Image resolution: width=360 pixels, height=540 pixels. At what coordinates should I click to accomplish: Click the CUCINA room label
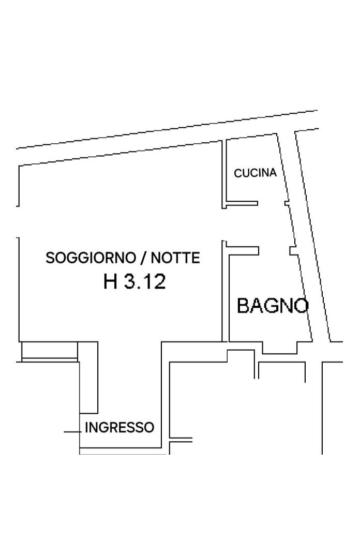tap(256, 173)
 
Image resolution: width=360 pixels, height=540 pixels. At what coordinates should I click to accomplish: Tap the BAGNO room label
tap(273, 306)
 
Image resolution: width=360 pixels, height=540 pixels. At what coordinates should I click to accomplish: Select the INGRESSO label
tap(119, 427)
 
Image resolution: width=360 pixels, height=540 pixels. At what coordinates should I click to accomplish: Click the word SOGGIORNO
tap(91, 258)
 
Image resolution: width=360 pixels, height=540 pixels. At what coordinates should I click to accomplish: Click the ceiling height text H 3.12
tap(134, 281)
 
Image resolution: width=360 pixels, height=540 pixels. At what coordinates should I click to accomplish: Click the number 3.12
tap(145, 281)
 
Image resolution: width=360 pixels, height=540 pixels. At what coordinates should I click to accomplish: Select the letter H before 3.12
tap(110, 281)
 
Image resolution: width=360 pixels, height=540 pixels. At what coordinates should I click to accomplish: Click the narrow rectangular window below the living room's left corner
tap(50, 351)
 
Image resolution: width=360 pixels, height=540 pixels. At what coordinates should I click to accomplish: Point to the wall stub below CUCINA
tap(242, 203)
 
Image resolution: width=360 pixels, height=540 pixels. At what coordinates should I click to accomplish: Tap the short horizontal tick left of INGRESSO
tap(72, 431)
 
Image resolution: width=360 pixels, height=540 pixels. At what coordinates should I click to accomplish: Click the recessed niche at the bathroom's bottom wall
tap(279, 348)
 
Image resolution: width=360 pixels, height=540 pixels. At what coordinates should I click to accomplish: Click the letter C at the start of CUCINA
tap(237, 173)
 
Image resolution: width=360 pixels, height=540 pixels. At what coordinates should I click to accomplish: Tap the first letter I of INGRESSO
tap(86, 427)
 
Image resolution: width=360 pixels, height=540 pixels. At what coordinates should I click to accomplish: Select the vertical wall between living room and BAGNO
tap(225, 291)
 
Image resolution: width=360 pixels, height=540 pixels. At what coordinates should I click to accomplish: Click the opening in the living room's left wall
tap(18, 222)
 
